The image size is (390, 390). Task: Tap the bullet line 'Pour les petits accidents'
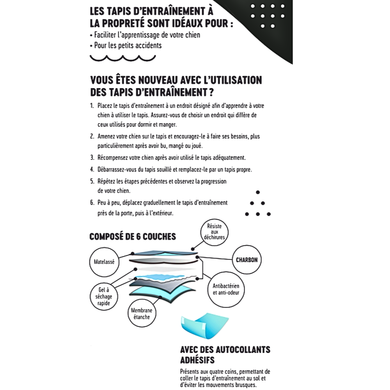128,45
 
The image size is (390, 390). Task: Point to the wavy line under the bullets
120,58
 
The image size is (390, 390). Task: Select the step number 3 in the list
92,158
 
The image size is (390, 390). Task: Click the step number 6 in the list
92,203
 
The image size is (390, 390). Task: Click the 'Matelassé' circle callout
104,262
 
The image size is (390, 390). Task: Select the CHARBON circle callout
246,260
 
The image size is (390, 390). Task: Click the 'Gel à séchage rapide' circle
103,296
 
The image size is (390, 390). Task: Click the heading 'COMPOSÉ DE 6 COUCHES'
133,236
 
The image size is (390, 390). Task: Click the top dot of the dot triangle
257,192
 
